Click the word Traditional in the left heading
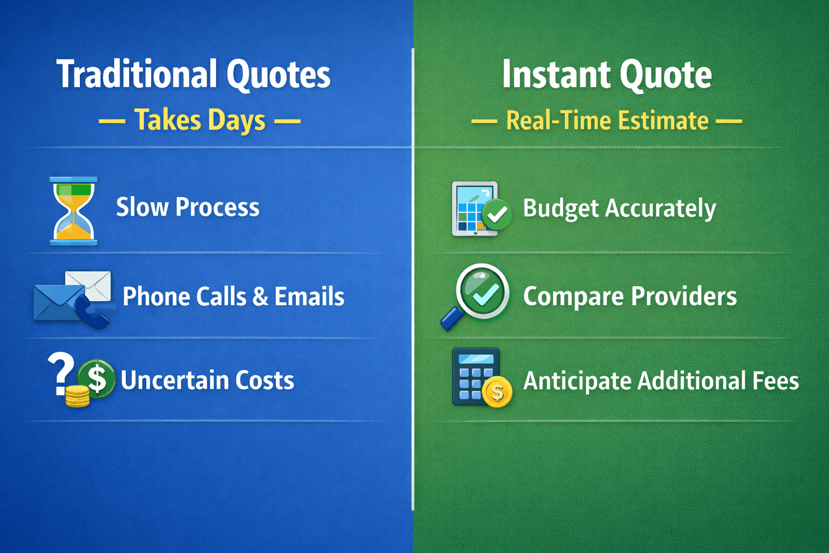137,74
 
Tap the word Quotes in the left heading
278,76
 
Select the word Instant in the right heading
556,74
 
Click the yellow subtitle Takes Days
200,120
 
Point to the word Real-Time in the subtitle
559,120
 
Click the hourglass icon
73,211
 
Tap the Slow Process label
188,207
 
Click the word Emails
309,296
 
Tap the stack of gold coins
77,396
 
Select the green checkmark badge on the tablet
497,214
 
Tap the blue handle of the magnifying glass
452,319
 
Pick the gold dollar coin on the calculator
498,392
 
